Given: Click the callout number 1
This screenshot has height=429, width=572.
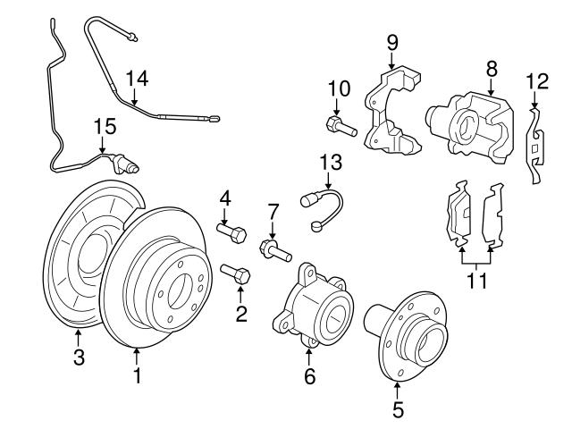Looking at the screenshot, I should click(x=137, y=377).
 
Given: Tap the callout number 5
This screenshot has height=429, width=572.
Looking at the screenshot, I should click(x=398, y=410).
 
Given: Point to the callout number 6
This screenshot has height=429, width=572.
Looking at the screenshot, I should click(x=309, y=377).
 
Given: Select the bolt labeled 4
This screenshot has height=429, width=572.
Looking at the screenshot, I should click(x=231, y=234).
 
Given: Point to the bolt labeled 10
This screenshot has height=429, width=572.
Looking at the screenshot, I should click(x=341, y=126).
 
